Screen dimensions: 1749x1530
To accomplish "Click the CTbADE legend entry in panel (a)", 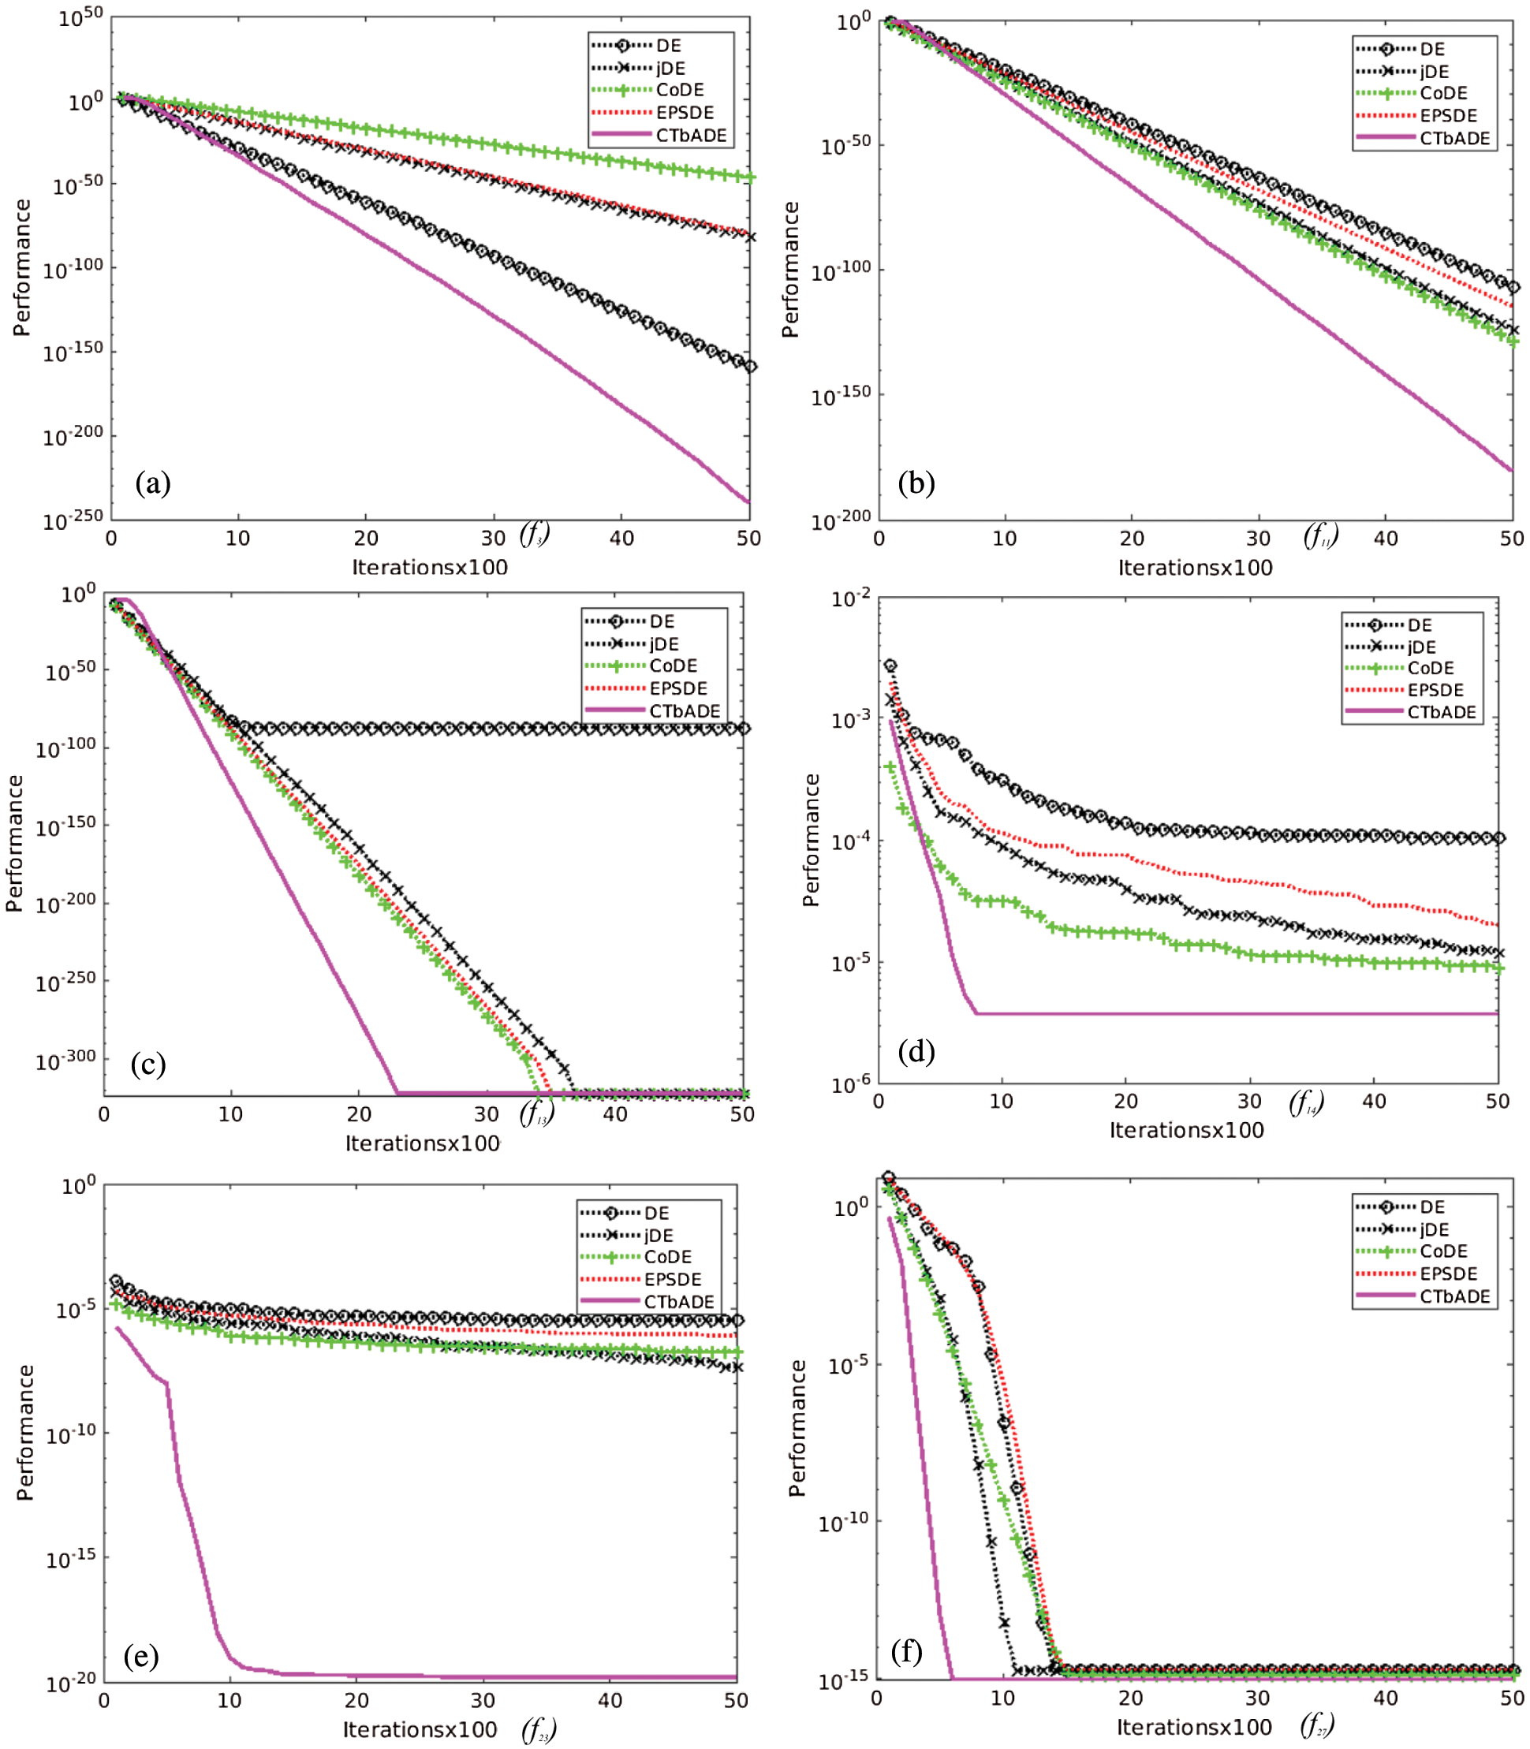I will click(x=691, y=135).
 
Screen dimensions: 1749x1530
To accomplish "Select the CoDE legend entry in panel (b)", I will click(x=1444, y=93).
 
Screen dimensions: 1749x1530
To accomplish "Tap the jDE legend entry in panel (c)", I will click(x=663, y=643).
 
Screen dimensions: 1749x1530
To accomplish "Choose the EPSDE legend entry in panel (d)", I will click(x=1436, y=690).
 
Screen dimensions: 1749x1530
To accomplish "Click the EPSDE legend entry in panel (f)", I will click(x=1448, y=1274).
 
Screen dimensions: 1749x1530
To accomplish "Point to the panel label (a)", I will click(x=153, y=483).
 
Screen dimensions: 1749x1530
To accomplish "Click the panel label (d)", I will click(x=916, y=1051).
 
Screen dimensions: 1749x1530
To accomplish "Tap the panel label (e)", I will click(x=141, y=1656).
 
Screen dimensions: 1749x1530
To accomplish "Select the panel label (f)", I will click(x=907, y=1652).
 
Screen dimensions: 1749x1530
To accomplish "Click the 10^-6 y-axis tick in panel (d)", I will click(x=851, y=1084).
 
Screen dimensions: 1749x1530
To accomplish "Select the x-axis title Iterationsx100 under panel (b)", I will click(x=1196, y=568).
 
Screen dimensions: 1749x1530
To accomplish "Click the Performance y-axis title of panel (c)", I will click(x=14, y=842).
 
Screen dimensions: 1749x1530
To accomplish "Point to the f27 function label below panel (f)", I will click(x=1317, y=1725).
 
